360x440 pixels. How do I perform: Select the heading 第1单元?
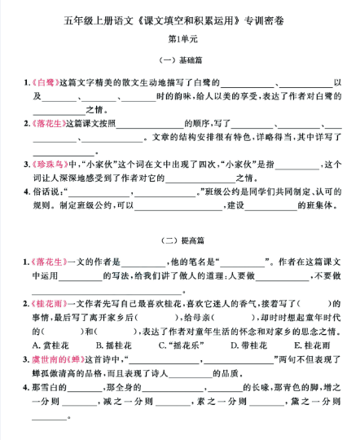click(180, 38)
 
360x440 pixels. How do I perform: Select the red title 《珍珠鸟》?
click(44, 163)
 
